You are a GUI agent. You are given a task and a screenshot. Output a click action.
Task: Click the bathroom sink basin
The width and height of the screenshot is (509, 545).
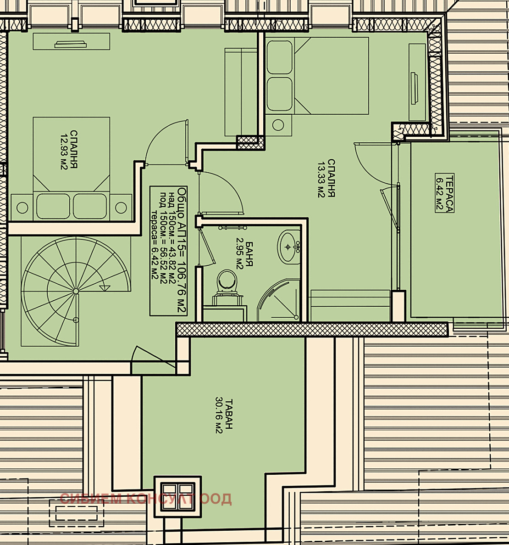pyautogui.click(x=288, y=247)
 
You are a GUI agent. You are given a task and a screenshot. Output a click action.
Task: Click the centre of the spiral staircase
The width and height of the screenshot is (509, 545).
pyautogui.click(x=76, y=291)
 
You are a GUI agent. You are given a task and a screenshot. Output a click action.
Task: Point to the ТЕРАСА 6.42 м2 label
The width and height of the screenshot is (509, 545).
pyautogui.click(x=445, y=193)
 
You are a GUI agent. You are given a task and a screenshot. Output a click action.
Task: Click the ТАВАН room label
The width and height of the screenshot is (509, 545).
pyautogui.click(x=229, y=414)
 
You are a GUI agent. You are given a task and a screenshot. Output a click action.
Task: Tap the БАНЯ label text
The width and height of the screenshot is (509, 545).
pyautogui.click(x=249, y=254)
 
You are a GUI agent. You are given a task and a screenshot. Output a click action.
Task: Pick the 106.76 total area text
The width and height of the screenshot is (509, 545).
pyautogui.click(x=181, y=274)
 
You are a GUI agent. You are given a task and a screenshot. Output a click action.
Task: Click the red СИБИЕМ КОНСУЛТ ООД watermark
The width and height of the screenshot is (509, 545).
pyautogui.click(x=146, y=499)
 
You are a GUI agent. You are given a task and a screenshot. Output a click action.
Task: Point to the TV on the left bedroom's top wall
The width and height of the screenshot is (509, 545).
pyautogui.click(x=71, y=44)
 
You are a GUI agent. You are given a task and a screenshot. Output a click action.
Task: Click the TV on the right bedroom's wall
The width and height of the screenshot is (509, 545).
pyautogui.click(x=414, y=88)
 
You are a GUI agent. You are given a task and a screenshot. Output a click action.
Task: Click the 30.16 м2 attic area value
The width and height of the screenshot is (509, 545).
pyautogui.click(x=219, y=415)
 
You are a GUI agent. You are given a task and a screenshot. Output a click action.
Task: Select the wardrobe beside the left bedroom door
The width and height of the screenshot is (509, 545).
pyautogui.click(x=241, y=92)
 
